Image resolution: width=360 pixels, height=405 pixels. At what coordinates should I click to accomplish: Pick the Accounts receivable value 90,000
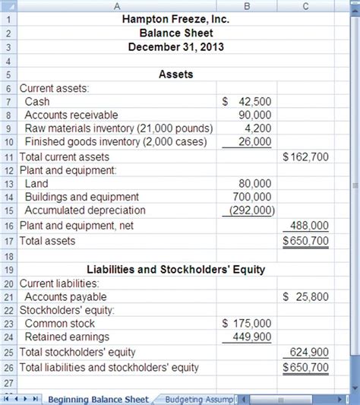pyautogui.click(x=254, y=115)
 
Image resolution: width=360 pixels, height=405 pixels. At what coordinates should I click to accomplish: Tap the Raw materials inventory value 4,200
pyautogui.click(x=258, y=128)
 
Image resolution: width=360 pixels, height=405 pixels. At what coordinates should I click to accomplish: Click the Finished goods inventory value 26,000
pyautogui.click(x=254, y=142)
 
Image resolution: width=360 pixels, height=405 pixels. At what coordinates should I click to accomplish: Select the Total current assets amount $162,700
pyautogui.click(x=305, y=157)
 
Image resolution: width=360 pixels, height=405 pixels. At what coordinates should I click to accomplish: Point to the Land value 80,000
pyautogui.click(x=254, y=184)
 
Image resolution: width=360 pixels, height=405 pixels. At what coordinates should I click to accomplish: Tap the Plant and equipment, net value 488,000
pyautogui.click(x=310, y=226)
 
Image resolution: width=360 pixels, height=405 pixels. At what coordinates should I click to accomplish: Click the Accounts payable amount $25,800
pyautogui.click(x=305, y=296)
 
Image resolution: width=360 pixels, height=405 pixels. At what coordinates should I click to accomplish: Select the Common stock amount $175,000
pyautogui.click(x=246, y=324)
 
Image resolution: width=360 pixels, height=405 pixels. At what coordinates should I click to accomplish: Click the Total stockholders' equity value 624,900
pyautogui.click(x=310, y=352)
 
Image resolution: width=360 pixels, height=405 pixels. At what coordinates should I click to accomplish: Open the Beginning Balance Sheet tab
pyautogui.click(x=98, y=398)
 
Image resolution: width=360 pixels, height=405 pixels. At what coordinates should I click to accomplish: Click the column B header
pyautogui.click(x=245, y=5)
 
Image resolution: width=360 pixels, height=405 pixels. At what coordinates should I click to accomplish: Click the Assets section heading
pyautogui.click(x=175, y=74)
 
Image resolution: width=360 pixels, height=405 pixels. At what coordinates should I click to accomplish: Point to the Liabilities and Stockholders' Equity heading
pyautogui.click(x=175, y=268)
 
